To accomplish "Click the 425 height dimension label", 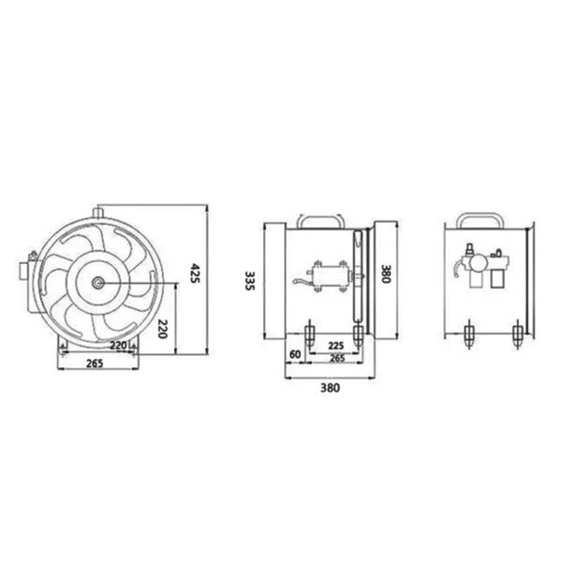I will [x=197, y=274].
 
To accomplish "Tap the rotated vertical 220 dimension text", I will [x=161, y=328].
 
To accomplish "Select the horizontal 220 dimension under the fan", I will [x=119, y=346].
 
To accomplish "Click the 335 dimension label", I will [x=248, y=280].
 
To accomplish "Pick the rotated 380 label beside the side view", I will [x=385, y=274].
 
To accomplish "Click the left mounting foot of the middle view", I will [x=310, y=333].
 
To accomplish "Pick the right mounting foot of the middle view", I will [x=357, y=333].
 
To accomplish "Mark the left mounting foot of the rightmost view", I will [x=467, y=334].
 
